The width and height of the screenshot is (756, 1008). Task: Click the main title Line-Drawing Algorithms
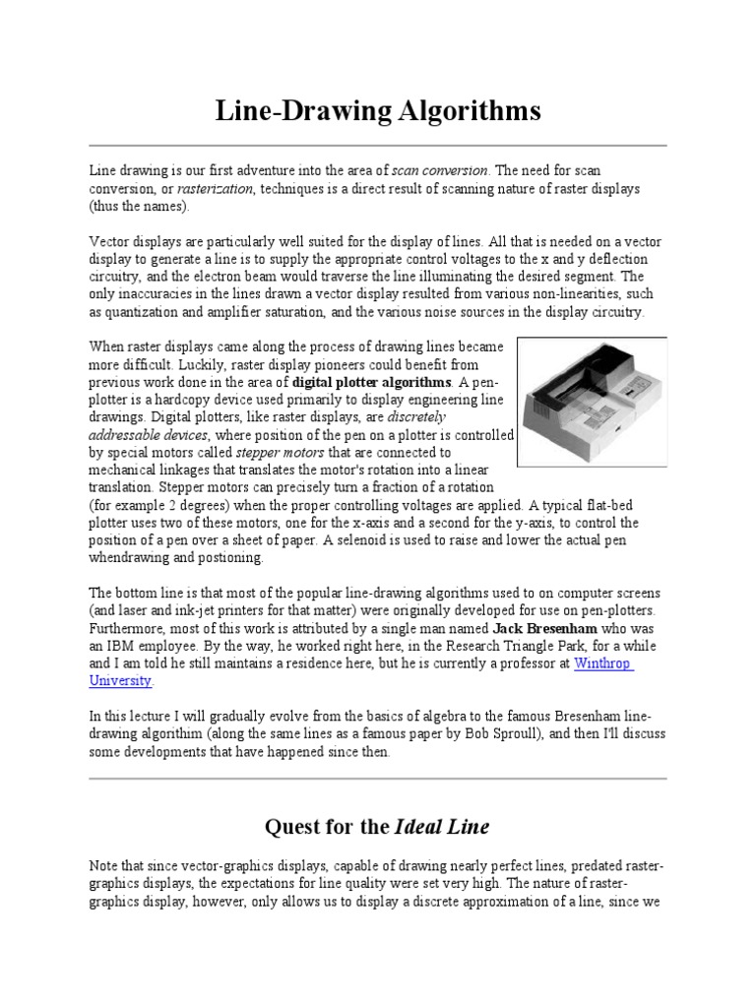click(378, 111)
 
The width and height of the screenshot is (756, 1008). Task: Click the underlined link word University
click(121, 681)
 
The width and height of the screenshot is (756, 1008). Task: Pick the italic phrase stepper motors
click(269, 453)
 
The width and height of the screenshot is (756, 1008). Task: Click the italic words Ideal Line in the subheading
click(442, 826)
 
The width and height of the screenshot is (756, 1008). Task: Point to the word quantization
click(154, 312)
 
